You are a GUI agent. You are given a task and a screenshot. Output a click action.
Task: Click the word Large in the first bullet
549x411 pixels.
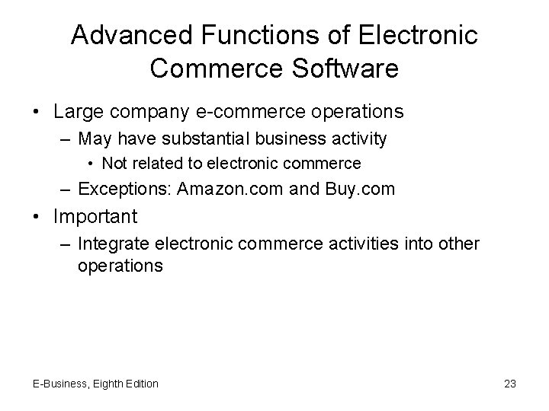click(x=78, y=112)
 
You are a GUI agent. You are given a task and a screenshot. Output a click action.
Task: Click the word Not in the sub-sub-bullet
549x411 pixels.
click(x=114, y=163)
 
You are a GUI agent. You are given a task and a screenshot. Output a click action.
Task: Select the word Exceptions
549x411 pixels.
click(x=125, y=188)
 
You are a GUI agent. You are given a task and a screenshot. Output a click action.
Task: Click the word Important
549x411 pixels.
click(x=95, y=216)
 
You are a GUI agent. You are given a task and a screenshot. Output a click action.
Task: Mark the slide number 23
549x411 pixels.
click(x=510, y=384)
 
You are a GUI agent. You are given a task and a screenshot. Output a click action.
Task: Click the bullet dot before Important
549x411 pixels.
click(x=37, y=216)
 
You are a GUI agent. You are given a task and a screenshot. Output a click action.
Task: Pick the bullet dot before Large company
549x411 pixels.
click(x=37, y=112)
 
